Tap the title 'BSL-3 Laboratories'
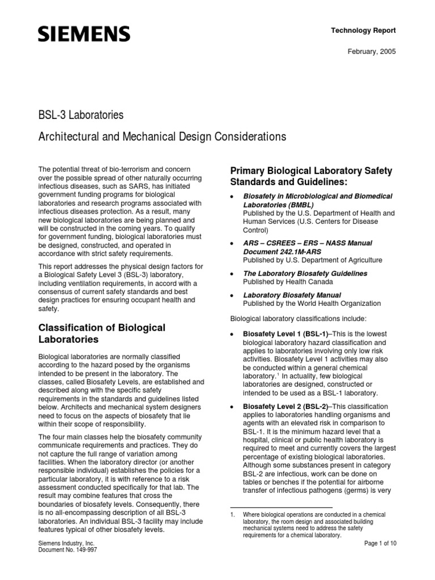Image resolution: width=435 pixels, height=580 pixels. pyautogui.click(x=80, y=116)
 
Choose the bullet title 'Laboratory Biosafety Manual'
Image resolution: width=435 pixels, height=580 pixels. pyautogui.click(x=292, y=295)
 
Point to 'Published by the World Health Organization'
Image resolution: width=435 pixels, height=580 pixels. pyautogui.click(x=312, y=304)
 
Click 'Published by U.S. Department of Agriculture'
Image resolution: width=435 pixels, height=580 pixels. pyautogui.click(x=312, y=259)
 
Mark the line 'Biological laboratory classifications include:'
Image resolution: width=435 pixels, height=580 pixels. pyautogui.click(x=298, y=319)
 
